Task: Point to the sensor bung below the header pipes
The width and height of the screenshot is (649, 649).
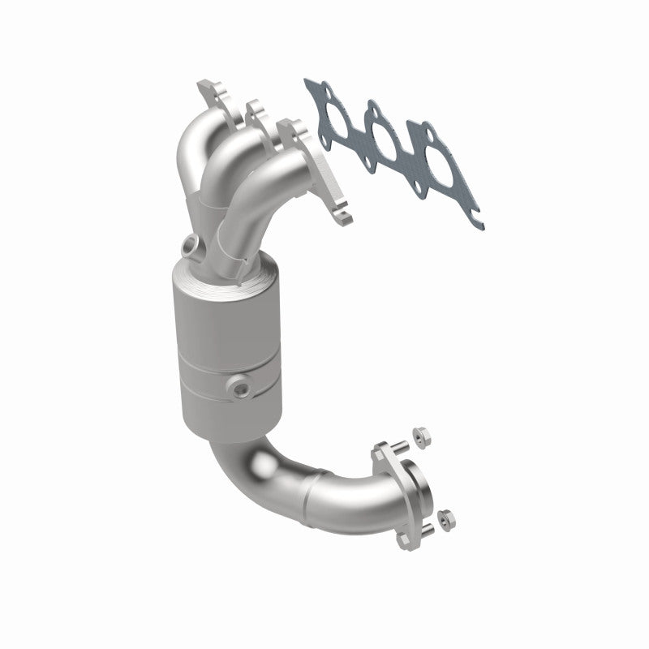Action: [191, 243]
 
